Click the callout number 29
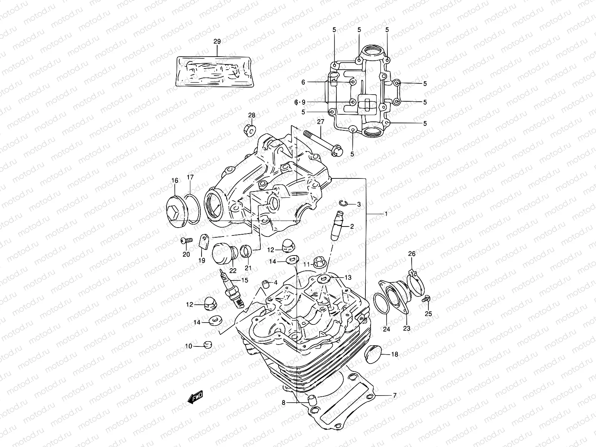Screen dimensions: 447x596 [217, 42]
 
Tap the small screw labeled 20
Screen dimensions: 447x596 [186, 241]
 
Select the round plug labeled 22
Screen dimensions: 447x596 [222, 254]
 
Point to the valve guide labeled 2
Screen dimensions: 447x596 [338, 226]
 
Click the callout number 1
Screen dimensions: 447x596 [386, 214]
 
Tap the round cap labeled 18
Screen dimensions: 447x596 [372, 352]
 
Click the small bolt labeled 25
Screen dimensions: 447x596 [427, 298]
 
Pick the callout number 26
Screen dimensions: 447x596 [412, 254]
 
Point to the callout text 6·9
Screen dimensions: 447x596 [300, 102]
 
